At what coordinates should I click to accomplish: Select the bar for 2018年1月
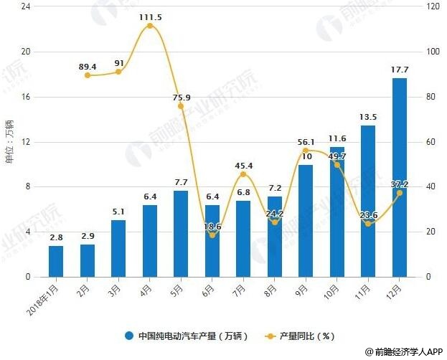[56, 261]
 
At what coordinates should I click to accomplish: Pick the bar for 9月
[306, 220]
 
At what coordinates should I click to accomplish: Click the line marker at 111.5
[149, 26]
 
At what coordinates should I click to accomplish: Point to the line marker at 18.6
[212, 235]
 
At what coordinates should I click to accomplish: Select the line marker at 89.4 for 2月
[87, 75]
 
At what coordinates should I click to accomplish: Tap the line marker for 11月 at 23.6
[368, 224]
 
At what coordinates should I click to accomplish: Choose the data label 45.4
[243, 166]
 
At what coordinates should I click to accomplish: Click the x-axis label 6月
[208, 290]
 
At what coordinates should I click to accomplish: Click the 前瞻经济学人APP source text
[406, 352]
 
